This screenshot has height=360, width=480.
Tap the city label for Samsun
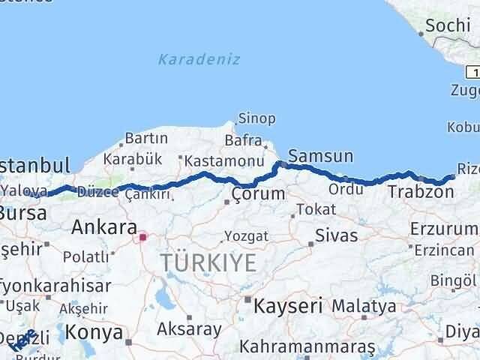pos(320,157)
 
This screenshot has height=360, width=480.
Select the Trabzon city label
pos(421,192)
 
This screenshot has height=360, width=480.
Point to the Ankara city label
pos(103,227)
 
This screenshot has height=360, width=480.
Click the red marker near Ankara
pos(142,238)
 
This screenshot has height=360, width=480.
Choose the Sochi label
pos(447,25)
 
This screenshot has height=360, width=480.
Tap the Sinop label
pos(256,118)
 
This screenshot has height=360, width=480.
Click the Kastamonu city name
pos(223,160)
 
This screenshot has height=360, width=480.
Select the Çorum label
pos(258,193)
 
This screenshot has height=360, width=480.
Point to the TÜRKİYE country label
pos(208,262)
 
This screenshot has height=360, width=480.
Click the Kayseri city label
pos(288,306)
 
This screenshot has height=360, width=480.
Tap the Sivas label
pos(336,235)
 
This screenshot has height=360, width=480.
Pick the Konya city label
pos(94,331)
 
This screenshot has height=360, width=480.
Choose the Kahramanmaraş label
pos(307,348)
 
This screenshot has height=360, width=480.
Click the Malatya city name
pos(364,306)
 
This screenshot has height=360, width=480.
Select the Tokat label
pos(315,209)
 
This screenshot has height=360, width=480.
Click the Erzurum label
pos(442,228)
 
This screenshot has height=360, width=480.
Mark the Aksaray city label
pos(189,328)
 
